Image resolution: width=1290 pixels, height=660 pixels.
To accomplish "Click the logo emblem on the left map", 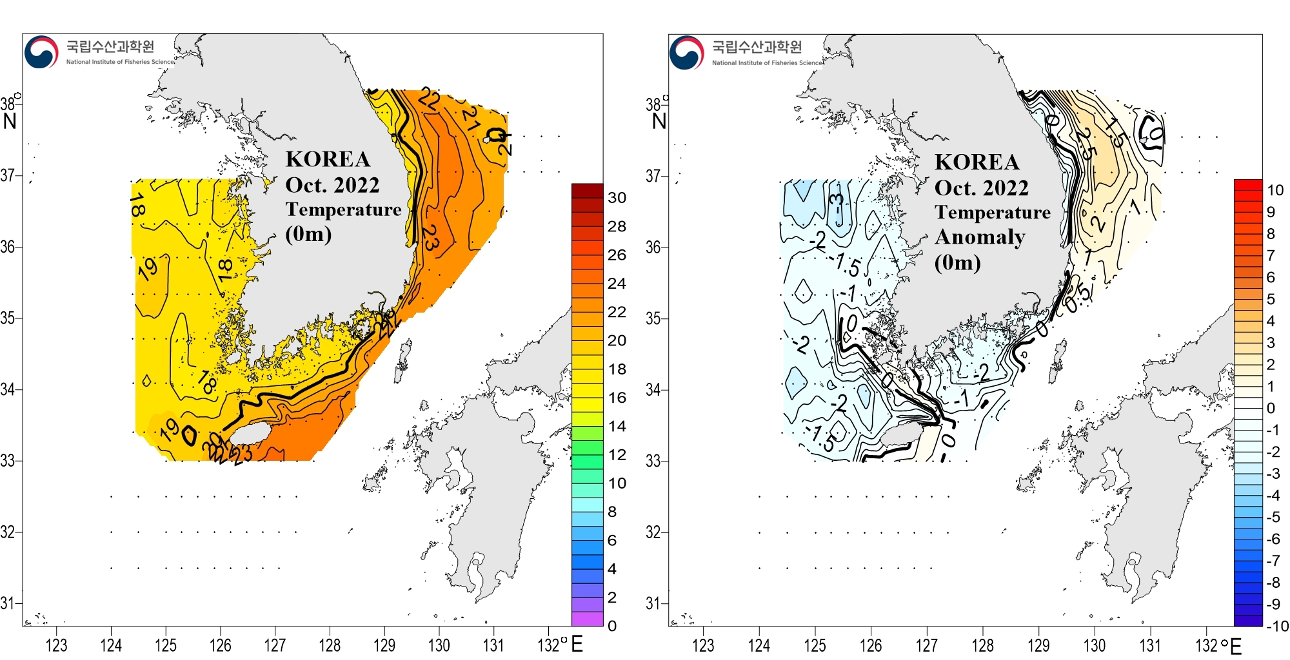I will click(x=41, y=52).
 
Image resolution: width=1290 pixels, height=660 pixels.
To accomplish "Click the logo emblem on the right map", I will click(x=687, y=53).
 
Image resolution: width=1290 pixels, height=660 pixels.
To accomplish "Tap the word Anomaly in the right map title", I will click(x=980, y=237).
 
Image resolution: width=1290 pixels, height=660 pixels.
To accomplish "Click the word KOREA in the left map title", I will click(x=328, y=159).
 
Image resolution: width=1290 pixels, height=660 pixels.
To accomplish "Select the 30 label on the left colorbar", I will click(x=617, y=198).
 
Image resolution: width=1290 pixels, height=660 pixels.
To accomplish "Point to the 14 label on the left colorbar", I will click(x=617, y=426).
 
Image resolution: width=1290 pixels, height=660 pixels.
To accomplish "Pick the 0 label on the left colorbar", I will click(x=612, y=626).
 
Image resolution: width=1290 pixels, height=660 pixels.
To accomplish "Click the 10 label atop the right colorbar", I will click(x=1275, y=190).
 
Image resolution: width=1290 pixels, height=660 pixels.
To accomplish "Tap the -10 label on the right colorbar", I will click(x=1276, y=626).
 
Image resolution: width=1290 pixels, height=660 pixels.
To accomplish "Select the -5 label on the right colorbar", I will click(x=1273, y=517).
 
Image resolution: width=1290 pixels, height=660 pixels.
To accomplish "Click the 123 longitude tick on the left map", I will click(x=56, y=645).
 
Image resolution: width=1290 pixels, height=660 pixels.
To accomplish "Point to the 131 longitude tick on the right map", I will click(x=1150, y=645).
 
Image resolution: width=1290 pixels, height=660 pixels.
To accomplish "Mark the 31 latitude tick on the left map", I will click(x=8, y=603).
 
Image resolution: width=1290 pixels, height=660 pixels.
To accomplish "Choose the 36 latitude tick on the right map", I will click(x=653, y=247).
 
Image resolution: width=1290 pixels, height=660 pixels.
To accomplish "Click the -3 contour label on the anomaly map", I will click(x=837, y=205).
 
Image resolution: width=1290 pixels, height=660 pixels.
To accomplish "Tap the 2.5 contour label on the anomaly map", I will click(x=1086, y=144).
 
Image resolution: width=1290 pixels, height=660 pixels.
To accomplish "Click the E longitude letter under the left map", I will click(x=577, y=644).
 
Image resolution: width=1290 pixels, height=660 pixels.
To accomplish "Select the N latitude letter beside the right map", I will click(x=659, y=121).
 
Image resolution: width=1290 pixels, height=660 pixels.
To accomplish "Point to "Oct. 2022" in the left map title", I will click(x=332, y=185).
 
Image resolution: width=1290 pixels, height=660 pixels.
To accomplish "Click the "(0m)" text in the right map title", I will click(x=957, y=262).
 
